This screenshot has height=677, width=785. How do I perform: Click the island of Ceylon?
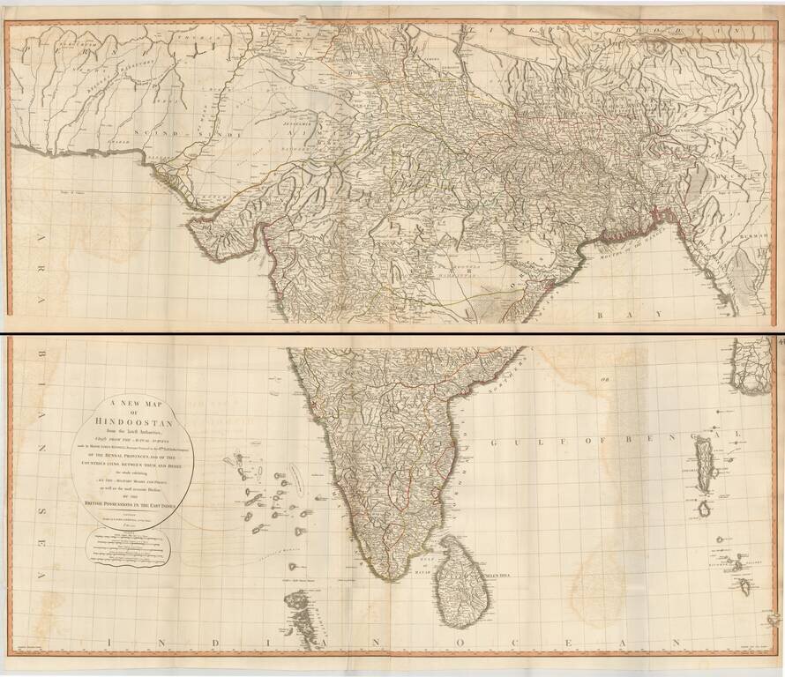[462, 577]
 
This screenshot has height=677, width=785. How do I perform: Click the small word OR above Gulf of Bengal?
[605, 380]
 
